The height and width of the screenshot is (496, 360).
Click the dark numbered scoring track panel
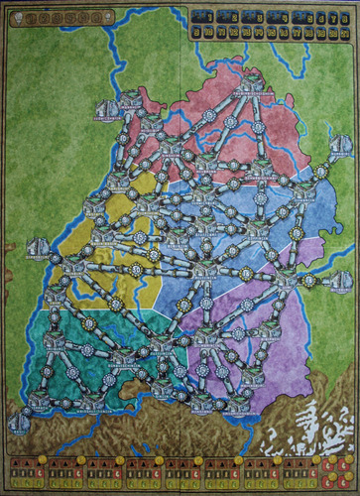(x=268, y=25)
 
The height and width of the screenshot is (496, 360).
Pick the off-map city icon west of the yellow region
(x=38, y=249)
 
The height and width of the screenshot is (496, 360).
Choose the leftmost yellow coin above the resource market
(x=43, y=459)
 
